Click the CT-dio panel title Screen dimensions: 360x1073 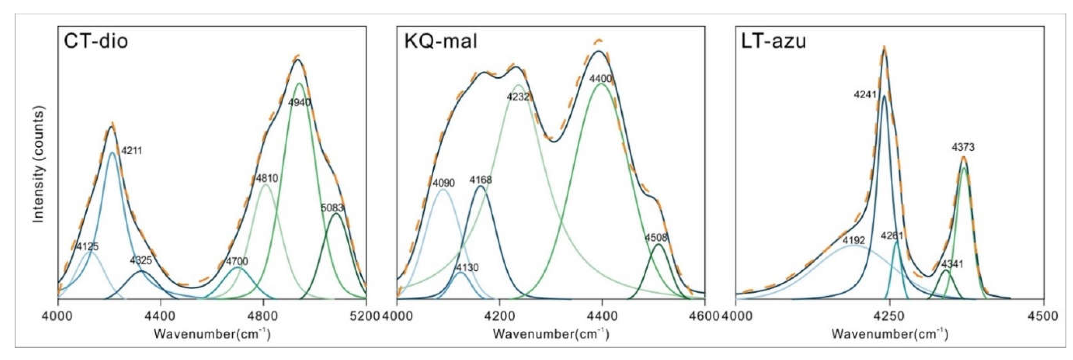point(96,42)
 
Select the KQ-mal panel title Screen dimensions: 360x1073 point(441,42)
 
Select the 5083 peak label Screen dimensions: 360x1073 point(332,208)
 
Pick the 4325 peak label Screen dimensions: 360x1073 point(141,261)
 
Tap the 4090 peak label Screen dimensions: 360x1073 point(444,183)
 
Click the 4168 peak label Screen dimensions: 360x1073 point(481,180)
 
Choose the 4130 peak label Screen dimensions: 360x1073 point(467,267)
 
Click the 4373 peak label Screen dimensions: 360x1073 point(963,147)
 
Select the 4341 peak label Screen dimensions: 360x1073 point(952,264)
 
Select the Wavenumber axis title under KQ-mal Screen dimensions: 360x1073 point(551,334)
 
